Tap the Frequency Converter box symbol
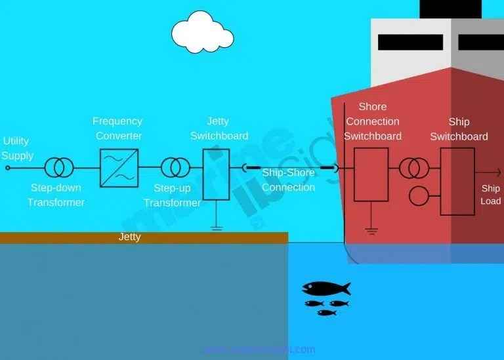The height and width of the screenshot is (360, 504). (119, 168)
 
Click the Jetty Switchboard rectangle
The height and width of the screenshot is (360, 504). (216, 174)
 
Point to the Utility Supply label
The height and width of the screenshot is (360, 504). (18, 148)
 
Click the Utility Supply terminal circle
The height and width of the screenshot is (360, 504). (8, 168)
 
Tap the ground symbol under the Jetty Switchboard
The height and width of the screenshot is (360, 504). (216, 228)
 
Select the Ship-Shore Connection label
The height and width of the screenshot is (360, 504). (289, 180)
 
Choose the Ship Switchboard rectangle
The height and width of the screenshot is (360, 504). (457, 181)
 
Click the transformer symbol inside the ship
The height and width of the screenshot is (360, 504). (414, 169)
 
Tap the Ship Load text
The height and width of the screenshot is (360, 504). (491, 195)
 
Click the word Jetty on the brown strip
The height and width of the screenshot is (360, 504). (129, 237)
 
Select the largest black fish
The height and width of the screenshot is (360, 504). (325, 289)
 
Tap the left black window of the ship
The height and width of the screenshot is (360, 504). (410, 43)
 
